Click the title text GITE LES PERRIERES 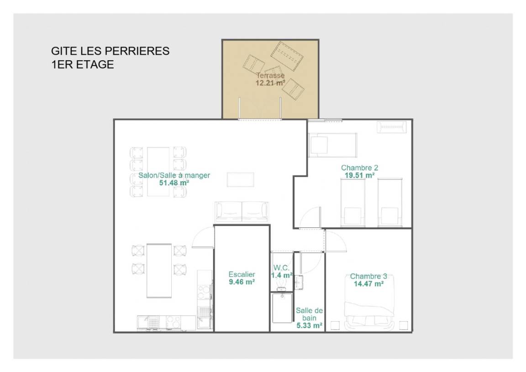(x=110, y=51)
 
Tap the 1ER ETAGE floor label (x=83, y=64)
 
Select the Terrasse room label (x=270, y=75)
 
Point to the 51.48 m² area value (x=174, y=183)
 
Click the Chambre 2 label (x=360, y=168)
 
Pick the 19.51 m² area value (x=360, y=175)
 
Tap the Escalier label (x=242, y=274)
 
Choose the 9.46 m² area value (x=242, y=282)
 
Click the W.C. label (x=281, y=267)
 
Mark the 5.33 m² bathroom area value (x=309, y=325)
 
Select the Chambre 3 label (x=368, y=277)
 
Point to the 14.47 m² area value (x=368, y=284)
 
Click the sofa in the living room (x=242, y=212)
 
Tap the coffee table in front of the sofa (x=241, y=179)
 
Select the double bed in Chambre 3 (x=369, y=302)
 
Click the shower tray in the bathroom (x=282, y=308)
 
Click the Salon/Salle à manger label (x=174, y=175)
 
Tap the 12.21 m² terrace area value (x=270, y=83)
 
